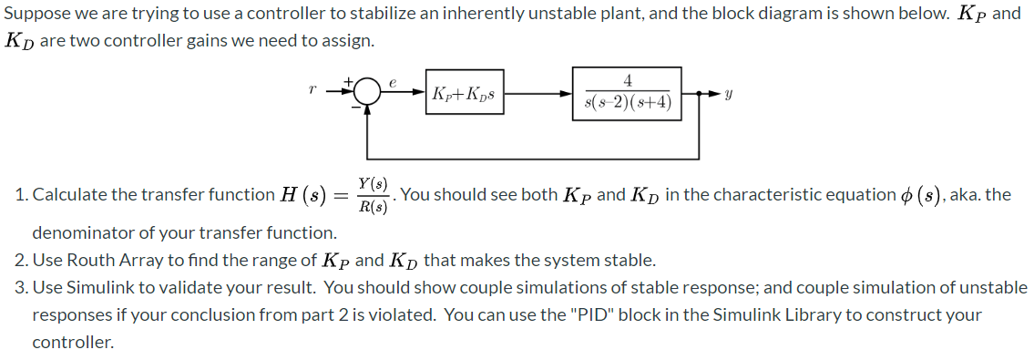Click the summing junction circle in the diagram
click(x=366, y=92)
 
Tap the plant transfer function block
click(x=628, y=93)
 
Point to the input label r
click(x=312, y=91)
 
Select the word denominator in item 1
click(x=79, y=232)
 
